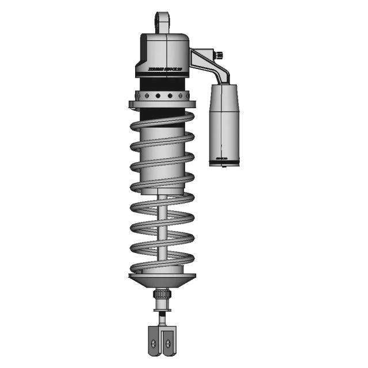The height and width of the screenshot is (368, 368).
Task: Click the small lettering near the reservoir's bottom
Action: click(x=221, y=155)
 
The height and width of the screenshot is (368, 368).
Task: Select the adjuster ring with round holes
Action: click(x=162, y=95)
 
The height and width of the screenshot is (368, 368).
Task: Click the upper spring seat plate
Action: click(x=162, y=105)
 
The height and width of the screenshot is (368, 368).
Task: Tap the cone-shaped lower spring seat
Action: click(x=162, y=282)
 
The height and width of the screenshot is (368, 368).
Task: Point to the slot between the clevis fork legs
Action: click(x=162, y=339)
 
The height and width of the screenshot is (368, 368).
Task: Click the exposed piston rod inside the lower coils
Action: click(x=162, y=230)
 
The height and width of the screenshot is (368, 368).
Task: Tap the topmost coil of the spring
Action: click(x=162, y=122)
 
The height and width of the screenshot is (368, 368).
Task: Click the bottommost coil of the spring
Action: click(x=162, y=266)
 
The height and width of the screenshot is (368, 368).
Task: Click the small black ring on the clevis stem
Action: click(x=162, y=317)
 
